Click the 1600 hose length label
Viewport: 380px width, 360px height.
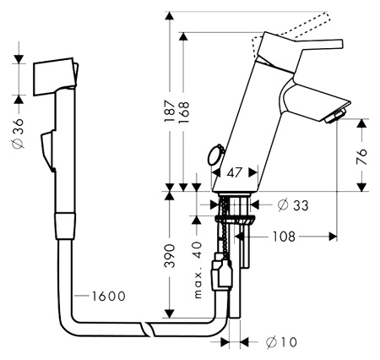(106, 296)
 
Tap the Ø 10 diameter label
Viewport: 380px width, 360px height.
(282, 342)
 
